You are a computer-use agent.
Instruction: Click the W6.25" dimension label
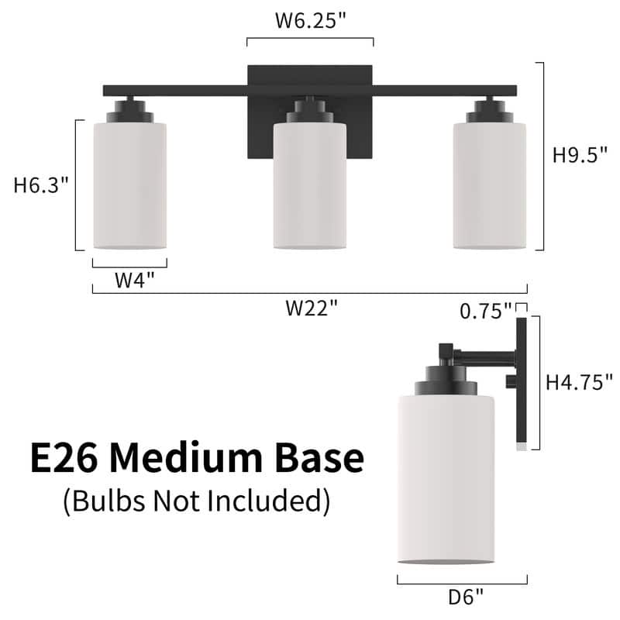[x=310, y=22]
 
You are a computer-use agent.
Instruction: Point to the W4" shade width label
[x=129, y=280]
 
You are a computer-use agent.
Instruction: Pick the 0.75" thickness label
[x=485, y=311]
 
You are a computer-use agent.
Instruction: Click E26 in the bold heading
[x=64, y=459]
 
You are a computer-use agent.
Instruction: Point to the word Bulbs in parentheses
[x=103, y=501]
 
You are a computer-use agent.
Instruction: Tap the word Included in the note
[x=267, y=501]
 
